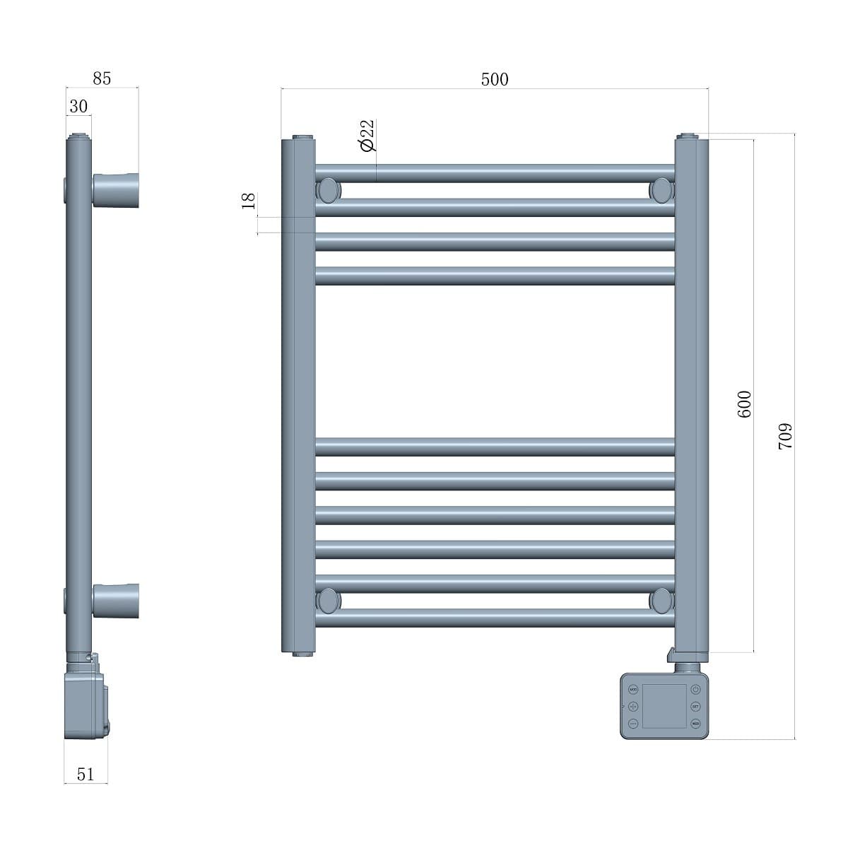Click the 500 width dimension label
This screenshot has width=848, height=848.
pos(495,79)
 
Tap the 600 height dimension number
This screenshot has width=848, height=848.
pos(744,404)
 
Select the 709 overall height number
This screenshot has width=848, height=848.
pos(785,436)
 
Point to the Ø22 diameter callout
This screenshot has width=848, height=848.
pos(367,135)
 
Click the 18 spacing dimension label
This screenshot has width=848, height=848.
pos(248,201)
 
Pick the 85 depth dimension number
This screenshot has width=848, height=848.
pos(102,78)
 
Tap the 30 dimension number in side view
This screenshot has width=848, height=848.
pos(78,106)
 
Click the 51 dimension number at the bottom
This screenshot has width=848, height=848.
pos(85,774)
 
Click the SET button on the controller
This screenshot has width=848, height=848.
pos(695,707)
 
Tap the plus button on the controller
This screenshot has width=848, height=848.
pos(632,707)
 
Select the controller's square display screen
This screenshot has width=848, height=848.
pos(664,706)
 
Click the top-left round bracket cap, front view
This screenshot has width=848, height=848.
pos(329,190)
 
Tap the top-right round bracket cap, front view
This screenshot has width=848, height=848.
pos(661,190)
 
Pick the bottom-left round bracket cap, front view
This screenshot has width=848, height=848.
pos(329,601)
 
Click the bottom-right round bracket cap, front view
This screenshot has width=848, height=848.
pos(661,601)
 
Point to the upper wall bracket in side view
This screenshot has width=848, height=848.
pos(115,190)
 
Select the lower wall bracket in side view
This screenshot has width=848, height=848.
pos(115,601)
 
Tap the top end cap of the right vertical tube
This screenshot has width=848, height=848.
pos(687,136)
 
